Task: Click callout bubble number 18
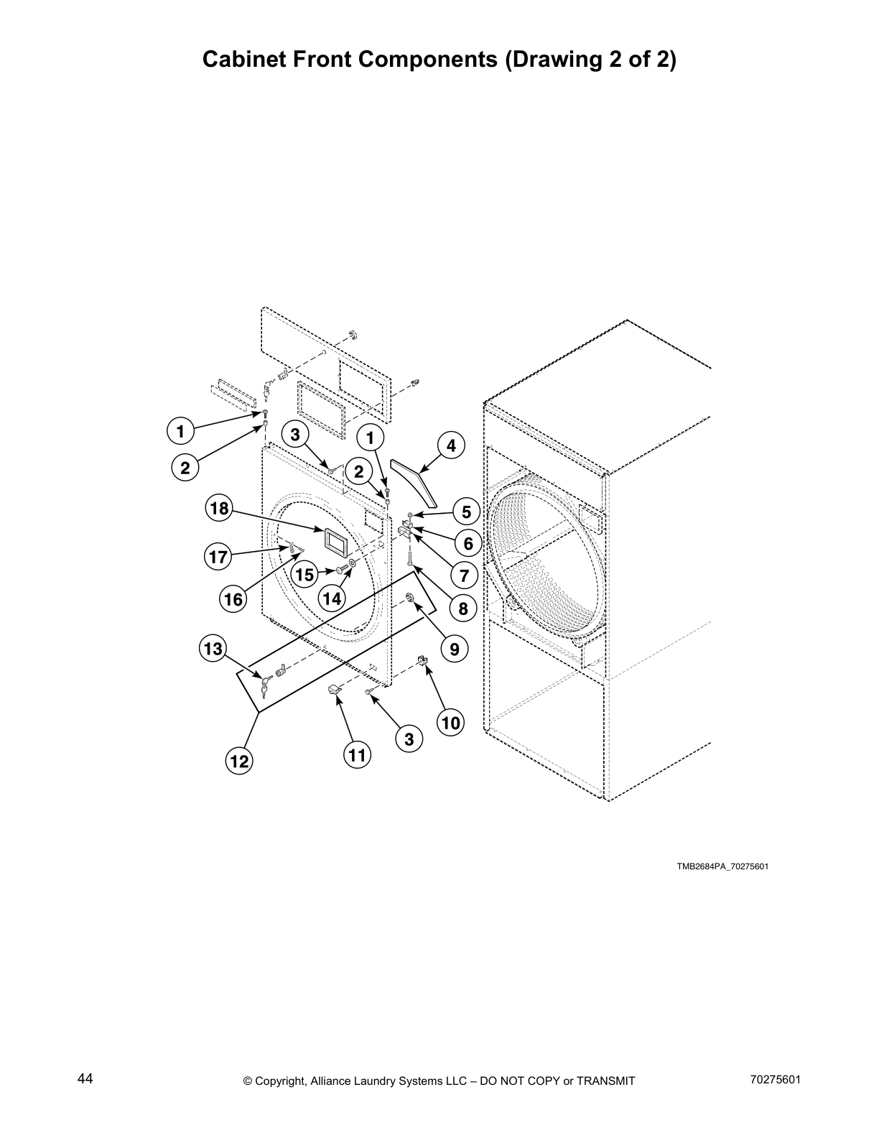click(219, 509)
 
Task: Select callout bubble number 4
click(451, 446)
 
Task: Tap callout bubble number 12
click(239, 761)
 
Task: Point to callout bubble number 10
click(451, 723)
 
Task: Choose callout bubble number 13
click(213, 649)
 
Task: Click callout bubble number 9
click(455, 649)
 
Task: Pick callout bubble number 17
click(218, 557)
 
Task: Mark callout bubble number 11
click(358, 755)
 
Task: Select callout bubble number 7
click(464, 575)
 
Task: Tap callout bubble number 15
click(305, 574)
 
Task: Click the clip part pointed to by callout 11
click(335, 691)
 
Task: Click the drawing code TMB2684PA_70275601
click(722, 866)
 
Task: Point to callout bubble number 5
click(466, 512)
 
